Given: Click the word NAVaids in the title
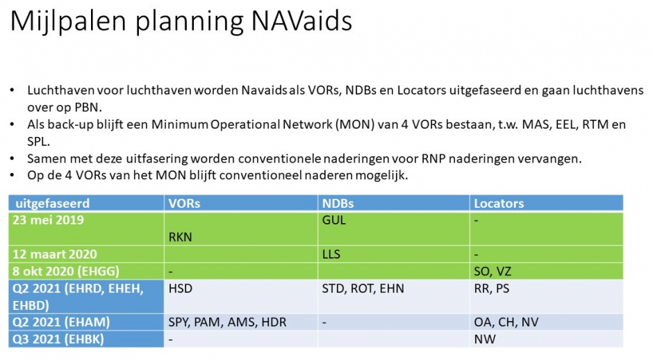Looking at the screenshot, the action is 301,20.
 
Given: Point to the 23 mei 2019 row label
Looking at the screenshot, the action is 49,220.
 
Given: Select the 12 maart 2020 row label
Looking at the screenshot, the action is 55,254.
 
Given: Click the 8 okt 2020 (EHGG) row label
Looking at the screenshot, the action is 66,271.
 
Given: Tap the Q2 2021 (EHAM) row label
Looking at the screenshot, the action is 61,322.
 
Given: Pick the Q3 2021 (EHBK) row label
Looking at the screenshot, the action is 58,339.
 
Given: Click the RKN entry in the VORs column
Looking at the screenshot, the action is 181,237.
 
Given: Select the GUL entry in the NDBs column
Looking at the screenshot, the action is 334,220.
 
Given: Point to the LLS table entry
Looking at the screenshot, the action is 331,254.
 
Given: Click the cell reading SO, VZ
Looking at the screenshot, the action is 493,272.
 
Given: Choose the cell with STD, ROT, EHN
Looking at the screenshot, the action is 363,288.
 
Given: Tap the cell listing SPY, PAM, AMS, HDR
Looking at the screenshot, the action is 227,322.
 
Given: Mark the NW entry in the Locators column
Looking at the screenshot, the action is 485,339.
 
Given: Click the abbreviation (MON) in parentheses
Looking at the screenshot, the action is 355,124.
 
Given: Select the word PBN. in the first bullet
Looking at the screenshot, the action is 88,108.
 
